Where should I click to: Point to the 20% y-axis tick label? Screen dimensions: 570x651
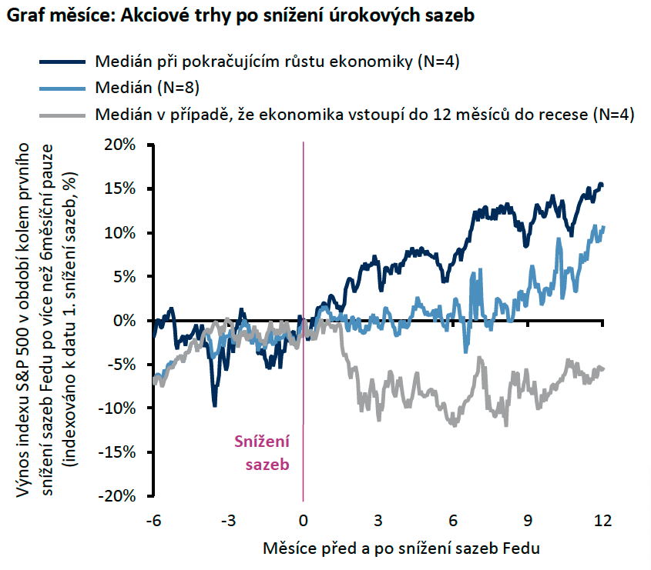[x=120, y=145]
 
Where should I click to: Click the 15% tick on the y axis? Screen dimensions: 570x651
[x=120, y=188]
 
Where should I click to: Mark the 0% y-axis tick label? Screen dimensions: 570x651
[x=126, y=320]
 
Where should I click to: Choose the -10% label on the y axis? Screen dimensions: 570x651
[x=117, y=408]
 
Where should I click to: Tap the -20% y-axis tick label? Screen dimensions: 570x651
[x=117, y=496]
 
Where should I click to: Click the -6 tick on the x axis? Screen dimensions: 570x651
[x=153, y=520]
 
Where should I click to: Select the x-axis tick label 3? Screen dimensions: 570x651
[x=378, y=520]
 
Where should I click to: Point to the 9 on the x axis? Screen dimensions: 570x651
[x=528, y=520]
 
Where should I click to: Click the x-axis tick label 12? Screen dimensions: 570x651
[x=602, y=520]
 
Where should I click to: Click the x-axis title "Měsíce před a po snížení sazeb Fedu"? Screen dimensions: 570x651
[x=401, y=548]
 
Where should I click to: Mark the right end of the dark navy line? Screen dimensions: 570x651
[x=602, y=185]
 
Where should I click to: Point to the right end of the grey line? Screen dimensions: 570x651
[x=602, y=368]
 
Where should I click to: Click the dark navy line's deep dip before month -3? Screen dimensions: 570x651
[x=214, y=405]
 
